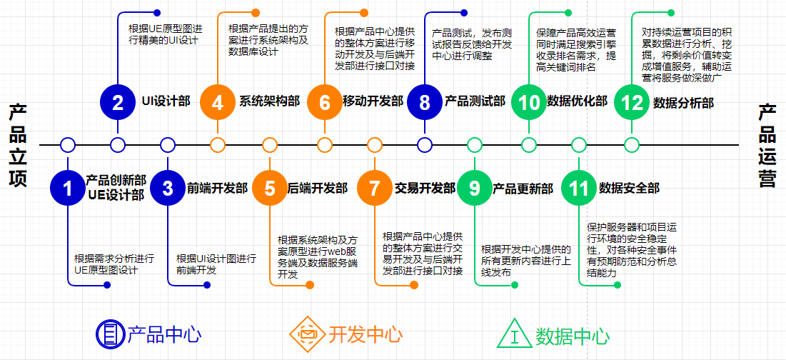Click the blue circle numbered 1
point(68,188)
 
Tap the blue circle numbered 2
point(118,102)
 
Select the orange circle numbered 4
point(218,102)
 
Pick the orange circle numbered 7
point(375,188)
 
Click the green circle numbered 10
point(529,102)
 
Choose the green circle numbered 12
point(632,102)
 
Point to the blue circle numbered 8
point(425,102)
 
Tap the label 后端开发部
point(317,189)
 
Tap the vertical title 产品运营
point(767,145)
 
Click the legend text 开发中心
point(365,334)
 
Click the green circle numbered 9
point(475,188)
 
